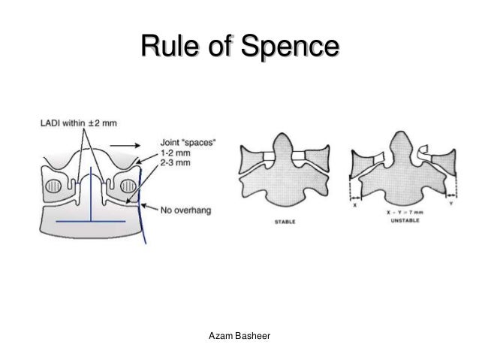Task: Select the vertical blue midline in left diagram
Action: [x=90, y=197]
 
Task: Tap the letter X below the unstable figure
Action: [x=354, y=204]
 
